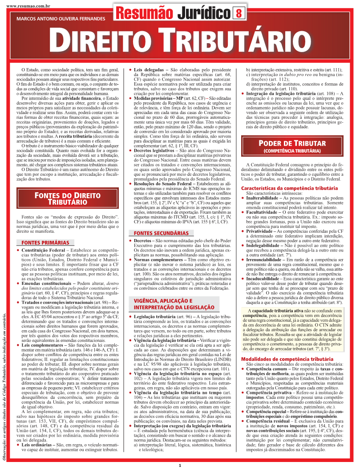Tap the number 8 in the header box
coord(239,13)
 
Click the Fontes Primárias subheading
coord(43,243)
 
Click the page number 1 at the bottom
coord(180,465)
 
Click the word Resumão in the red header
coord(144,13)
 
